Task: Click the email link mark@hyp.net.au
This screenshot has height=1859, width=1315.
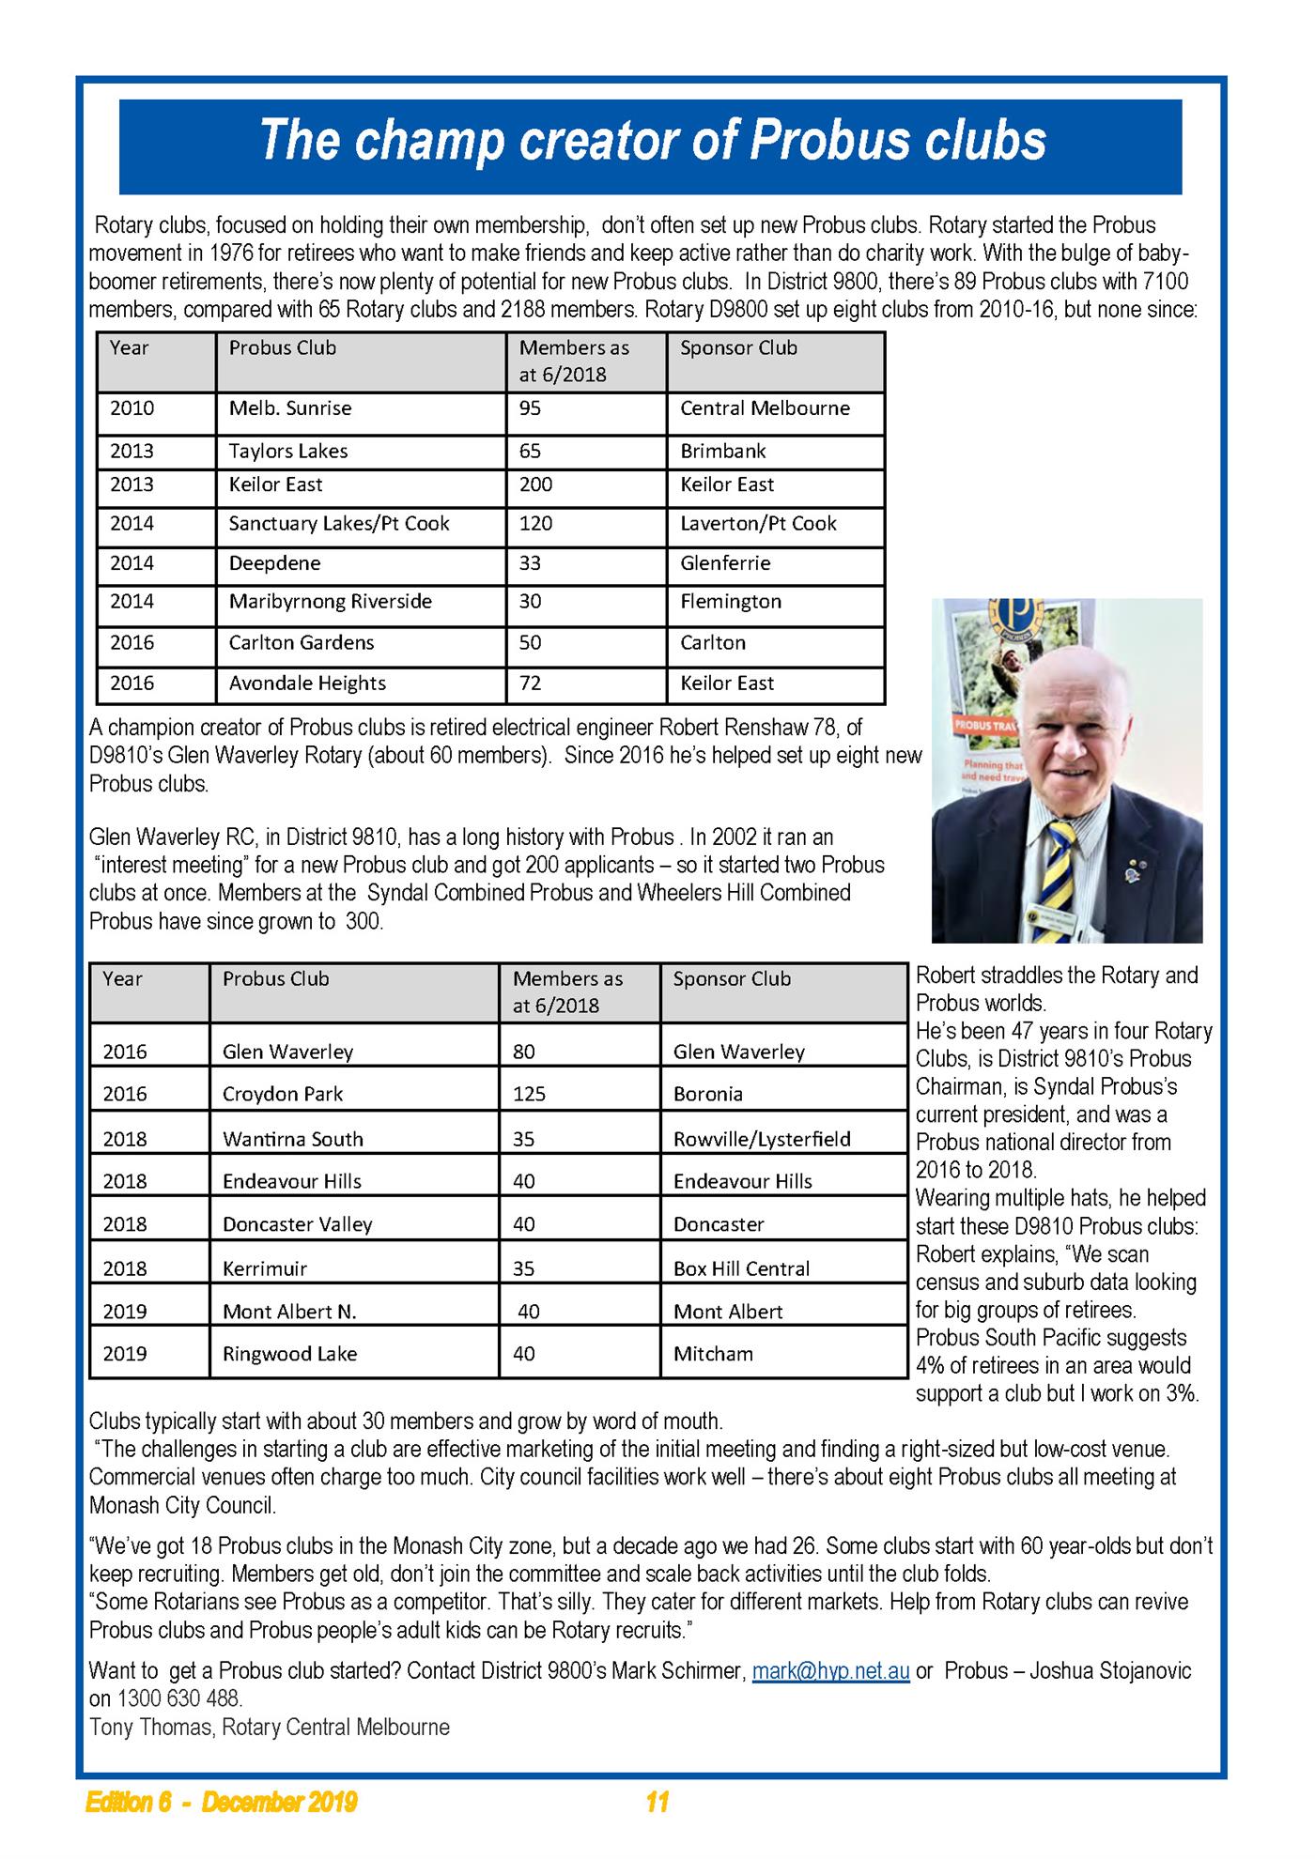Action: (x=830, y=1671)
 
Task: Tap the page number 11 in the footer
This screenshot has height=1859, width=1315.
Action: (x=657, y=1802)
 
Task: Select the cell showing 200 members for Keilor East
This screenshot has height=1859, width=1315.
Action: (x=536, y=484)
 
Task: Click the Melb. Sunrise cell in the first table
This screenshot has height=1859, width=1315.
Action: (x=290, y=408)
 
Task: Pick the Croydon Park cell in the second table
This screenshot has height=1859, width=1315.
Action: (x=283, y=1094)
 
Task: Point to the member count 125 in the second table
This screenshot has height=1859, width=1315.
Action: (x=529, y=1094)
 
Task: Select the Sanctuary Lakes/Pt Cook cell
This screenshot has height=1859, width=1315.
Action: (x=339, y=523)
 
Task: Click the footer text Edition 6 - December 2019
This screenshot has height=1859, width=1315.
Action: (x=222, y=1802)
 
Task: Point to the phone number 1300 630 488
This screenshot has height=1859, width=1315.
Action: (x=179, y=1698)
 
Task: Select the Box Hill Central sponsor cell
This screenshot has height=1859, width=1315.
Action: (x=741, y=1268)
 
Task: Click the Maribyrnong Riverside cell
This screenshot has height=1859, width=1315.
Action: (x=331, y=601)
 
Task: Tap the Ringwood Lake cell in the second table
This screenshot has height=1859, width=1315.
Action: (x=290, y=1353)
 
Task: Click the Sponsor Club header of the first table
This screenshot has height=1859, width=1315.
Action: (x=738, y=347)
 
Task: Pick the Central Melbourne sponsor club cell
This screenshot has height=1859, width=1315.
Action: (x=765, y=408)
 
